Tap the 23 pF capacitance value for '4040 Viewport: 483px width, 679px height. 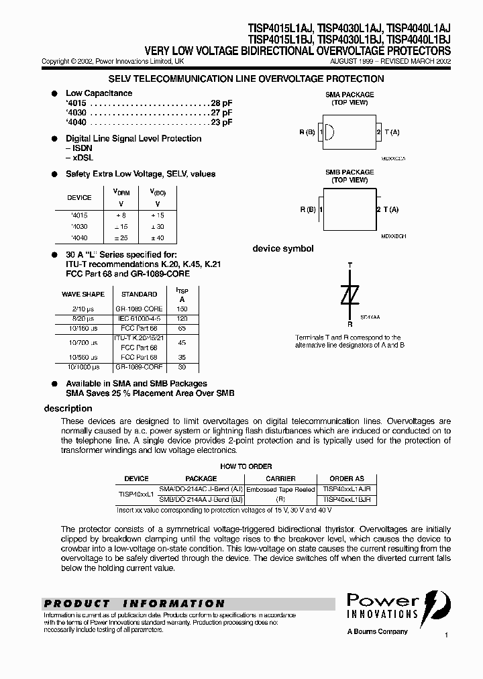click(x=221, y=123)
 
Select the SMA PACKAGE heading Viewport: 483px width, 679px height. click(x=350, y=95)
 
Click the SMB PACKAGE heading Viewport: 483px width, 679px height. click(x=350, y=172)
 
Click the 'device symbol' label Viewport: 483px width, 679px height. click(x=282, y=249)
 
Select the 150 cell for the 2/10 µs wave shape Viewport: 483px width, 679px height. click(x=180, y=308)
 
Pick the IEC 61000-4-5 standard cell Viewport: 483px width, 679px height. click(x=140, y=319)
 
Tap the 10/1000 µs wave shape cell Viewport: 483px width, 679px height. click(x=83, y=368)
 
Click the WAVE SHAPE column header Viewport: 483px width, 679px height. click(x=83, y=294)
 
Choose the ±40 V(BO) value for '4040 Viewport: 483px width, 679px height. click(x=158, y=238)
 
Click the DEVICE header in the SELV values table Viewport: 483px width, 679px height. click(x=80, y=198)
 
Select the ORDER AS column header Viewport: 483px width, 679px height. click(x=347, y=478)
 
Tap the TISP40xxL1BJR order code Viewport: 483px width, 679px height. click(x=347, y=500)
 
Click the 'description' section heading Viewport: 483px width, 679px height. click(x=68, y=409)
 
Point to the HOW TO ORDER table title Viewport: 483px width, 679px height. click(x=246, y=466)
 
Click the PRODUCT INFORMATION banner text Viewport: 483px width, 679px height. click(x=134, y=603)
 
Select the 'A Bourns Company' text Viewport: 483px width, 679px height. click(x=377, y=632)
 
